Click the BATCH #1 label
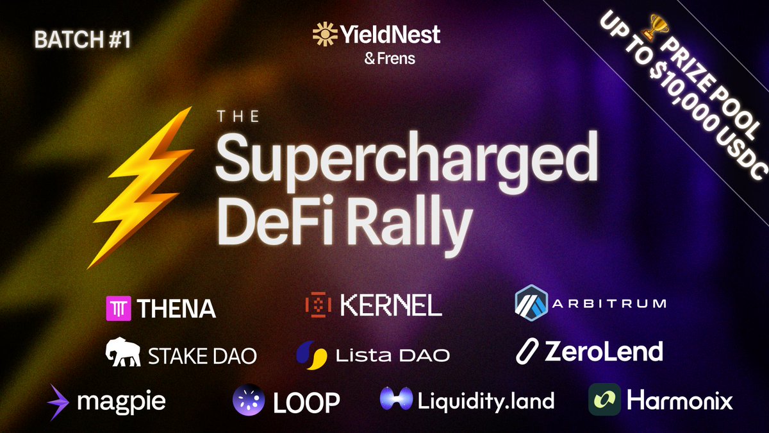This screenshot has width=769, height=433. coord(83,40)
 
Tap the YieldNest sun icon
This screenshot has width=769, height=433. coord(325,34)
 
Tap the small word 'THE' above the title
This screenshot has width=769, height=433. coord(238,117)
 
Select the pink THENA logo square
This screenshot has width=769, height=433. coord(117,308)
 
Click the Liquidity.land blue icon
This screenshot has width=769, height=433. coord(395,401)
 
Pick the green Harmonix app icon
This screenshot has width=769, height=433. coord(604,400)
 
